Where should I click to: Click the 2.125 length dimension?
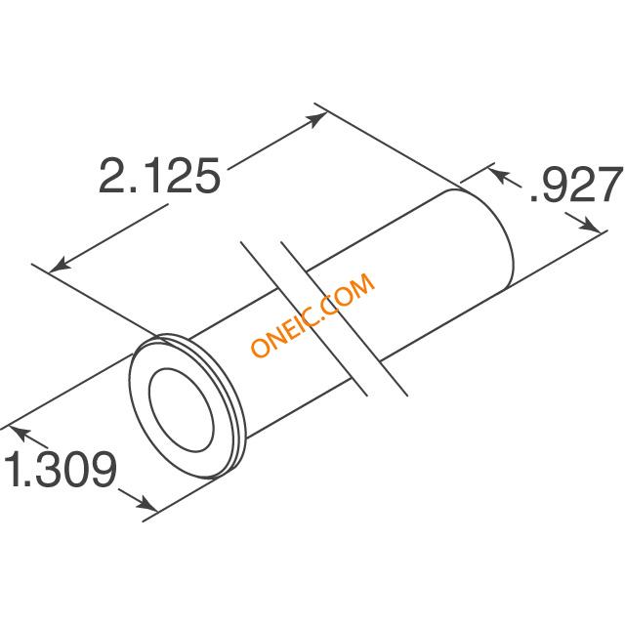tap(159, 176)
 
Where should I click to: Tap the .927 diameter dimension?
tap(576, 186)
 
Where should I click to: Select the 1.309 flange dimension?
tap(60, 469)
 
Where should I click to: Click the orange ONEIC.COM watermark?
tap(313, 314)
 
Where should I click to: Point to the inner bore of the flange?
tap(181, 409)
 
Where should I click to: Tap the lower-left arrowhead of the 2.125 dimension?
tap(60, 265)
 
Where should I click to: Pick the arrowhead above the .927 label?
tap(499, 176)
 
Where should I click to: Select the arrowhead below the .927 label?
tap(590, 225)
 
